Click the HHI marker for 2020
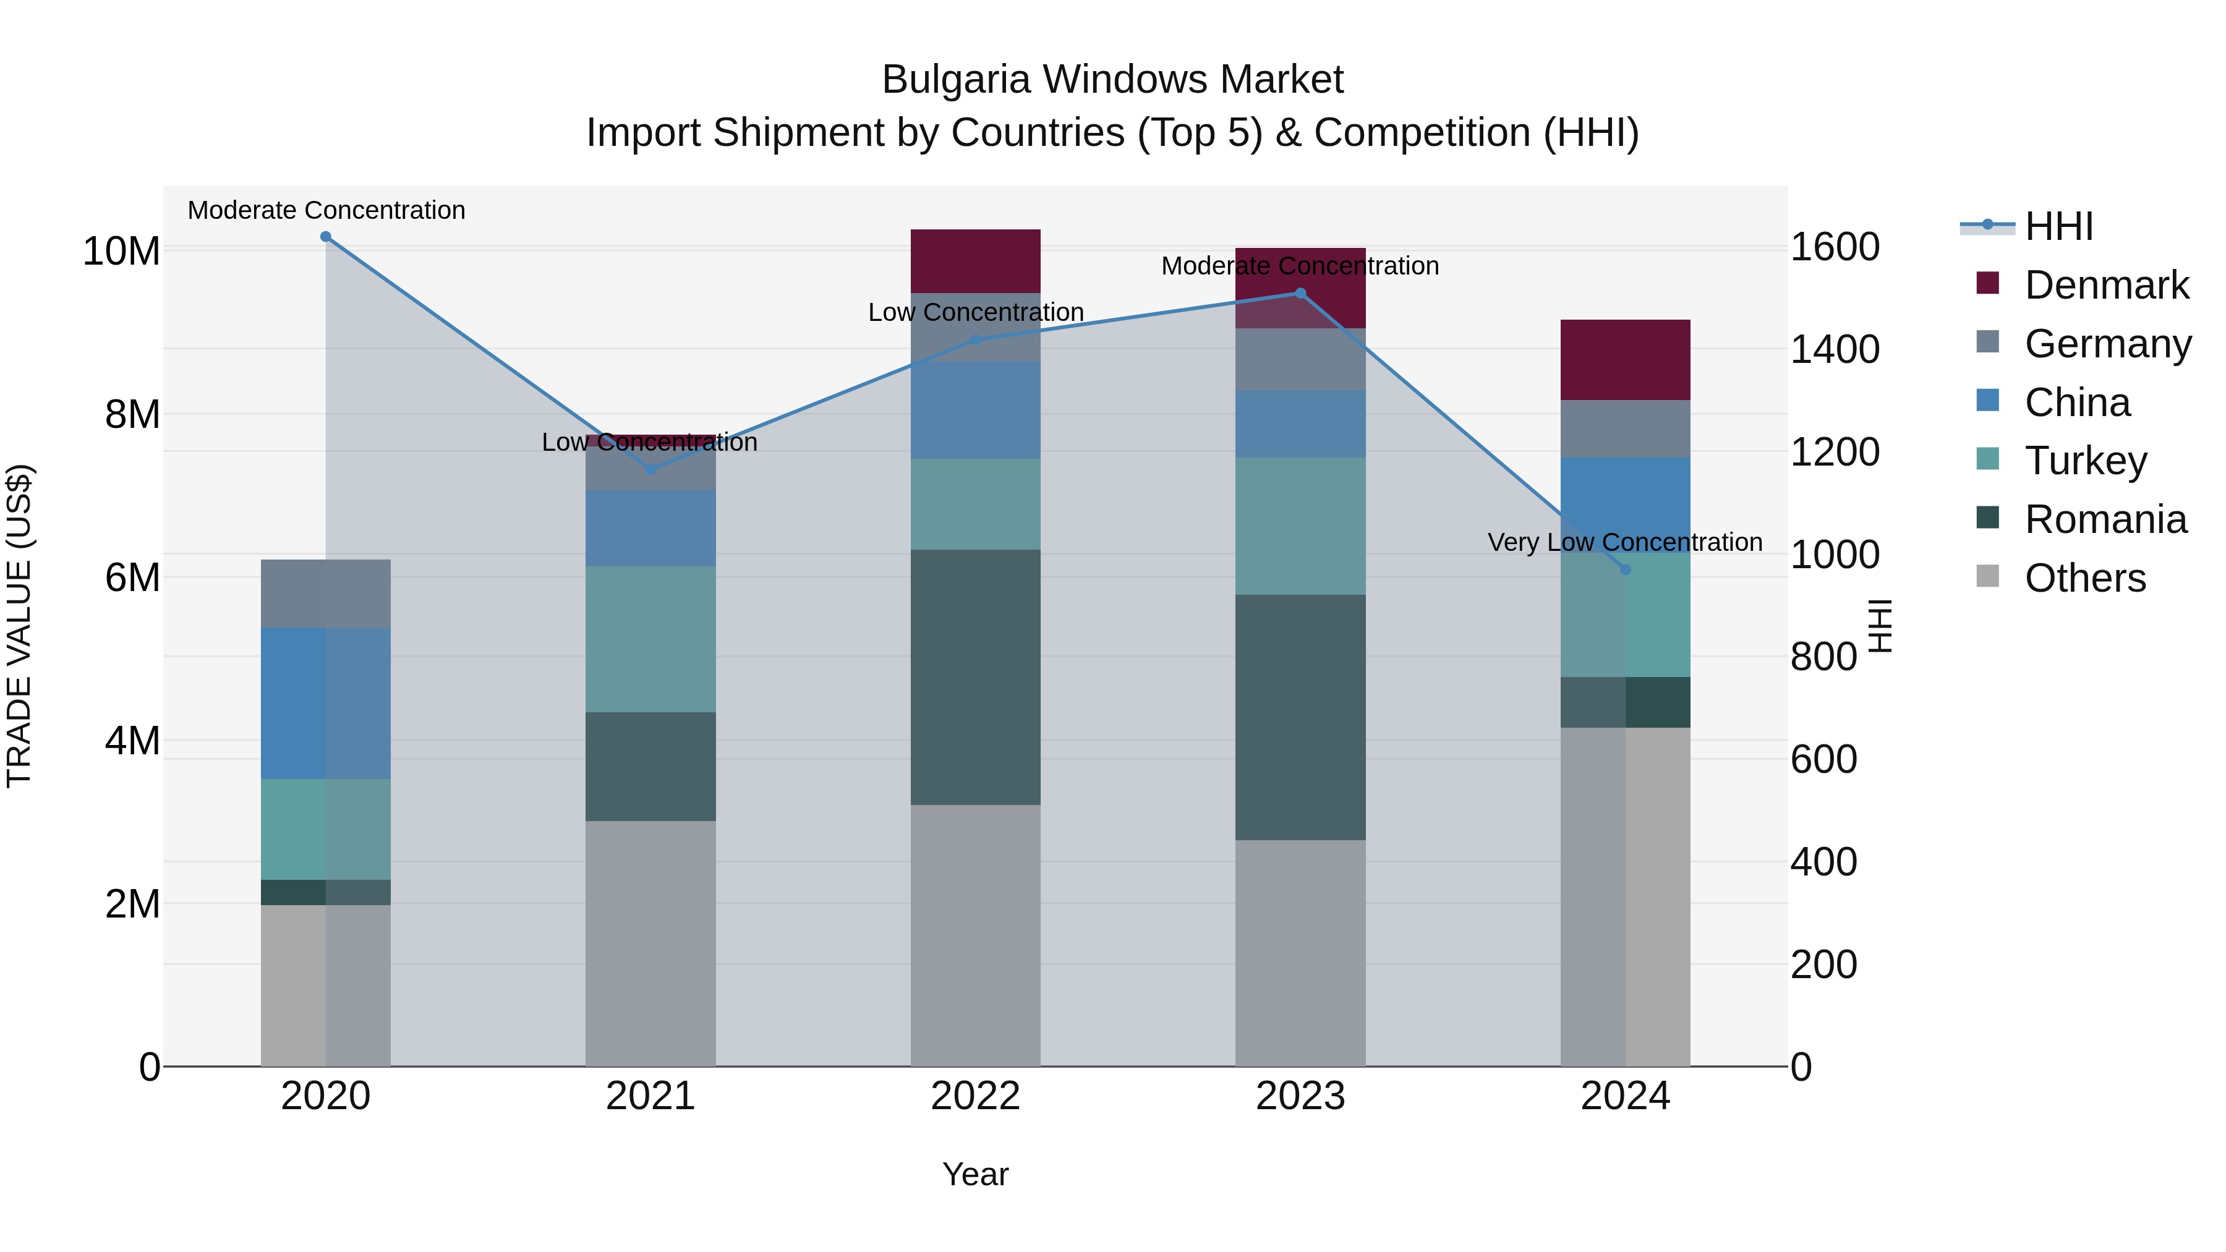click(326, 237)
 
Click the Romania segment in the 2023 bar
click(1300, 717)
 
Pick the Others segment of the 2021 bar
click(650, 943)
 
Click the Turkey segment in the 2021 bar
click(650, 639)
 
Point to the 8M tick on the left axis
click(132, 415)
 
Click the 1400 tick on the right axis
click(1834, 349)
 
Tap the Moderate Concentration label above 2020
click(326, 210)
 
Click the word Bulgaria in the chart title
click(956, 80)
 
